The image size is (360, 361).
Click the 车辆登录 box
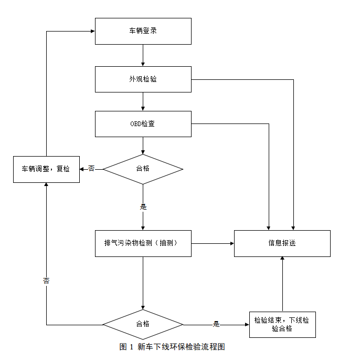coord(143,31)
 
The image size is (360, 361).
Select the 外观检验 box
coord(143,79)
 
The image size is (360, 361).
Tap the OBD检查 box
coord(143,124)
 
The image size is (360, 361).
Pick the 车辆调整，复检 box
coord(46,169)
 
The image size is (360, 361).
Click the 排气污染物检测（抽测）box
coord(143,243)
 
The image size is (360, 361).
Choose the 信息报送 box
coord(282,243)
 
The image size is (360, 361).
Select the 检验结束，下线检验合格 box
coord(282,324)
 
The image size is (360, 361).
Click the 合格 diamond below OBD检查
coord(143,169)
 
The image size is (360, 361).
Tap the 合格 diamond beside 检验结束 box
coord(143,324)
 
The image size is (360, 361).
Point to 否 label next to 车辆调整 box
coord(91,169)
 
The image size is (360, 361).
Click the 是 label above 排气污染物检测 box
coord(143,207)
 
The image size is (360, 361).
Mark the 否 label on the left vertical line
coord(46,281)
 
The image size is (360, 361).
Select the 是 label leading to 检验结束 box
coord(216,324)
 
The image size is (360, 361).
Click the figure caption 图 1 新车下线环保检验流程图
coord(172,347)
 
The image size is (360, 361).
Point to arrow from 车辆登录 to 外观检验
coord(143,55)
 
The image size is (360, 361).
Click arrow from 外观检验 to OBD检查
coord(143,101)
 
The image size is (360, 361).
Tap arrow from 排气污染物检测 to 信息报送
coord(213,243)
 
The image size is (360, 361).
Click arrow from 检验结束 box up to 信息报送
coord(282,284)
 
